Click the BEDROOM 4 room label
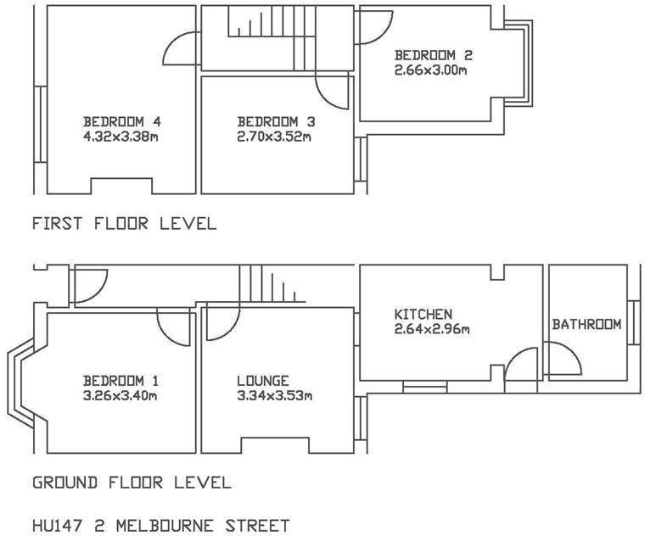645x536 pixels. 121,120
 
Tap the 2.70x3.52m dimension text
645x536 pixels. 274,136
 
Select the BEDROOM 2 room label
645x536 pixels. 433,55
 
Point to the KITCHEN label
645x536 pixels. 423,315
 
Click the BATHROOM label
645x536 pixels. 586,325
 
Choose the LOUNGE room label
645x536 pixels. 262,381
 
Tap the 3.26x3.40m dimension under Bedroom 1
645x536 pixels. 120,395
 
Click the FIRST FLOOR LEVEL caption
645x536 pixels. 124,224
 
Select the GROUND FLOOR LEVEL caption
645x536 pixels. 132,483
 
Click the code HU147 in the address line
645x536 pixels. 59,526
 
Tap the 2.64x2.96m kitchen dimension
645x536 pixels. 431,329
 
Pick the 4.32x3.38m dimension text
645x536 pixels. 120,136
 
